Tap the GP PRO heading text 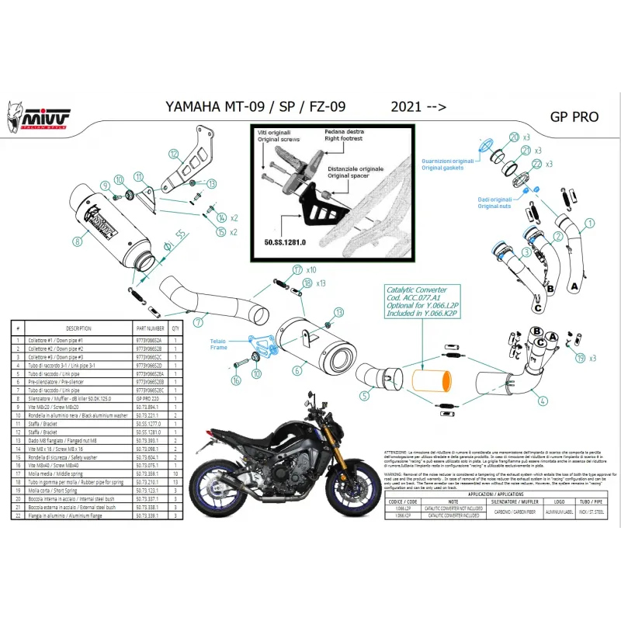point(574,117)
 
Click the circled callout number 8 point(77,241)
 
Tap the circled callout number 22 point(535,164)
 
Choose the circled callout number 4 point(542,401)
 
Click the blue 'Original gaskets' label point(442,165)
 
